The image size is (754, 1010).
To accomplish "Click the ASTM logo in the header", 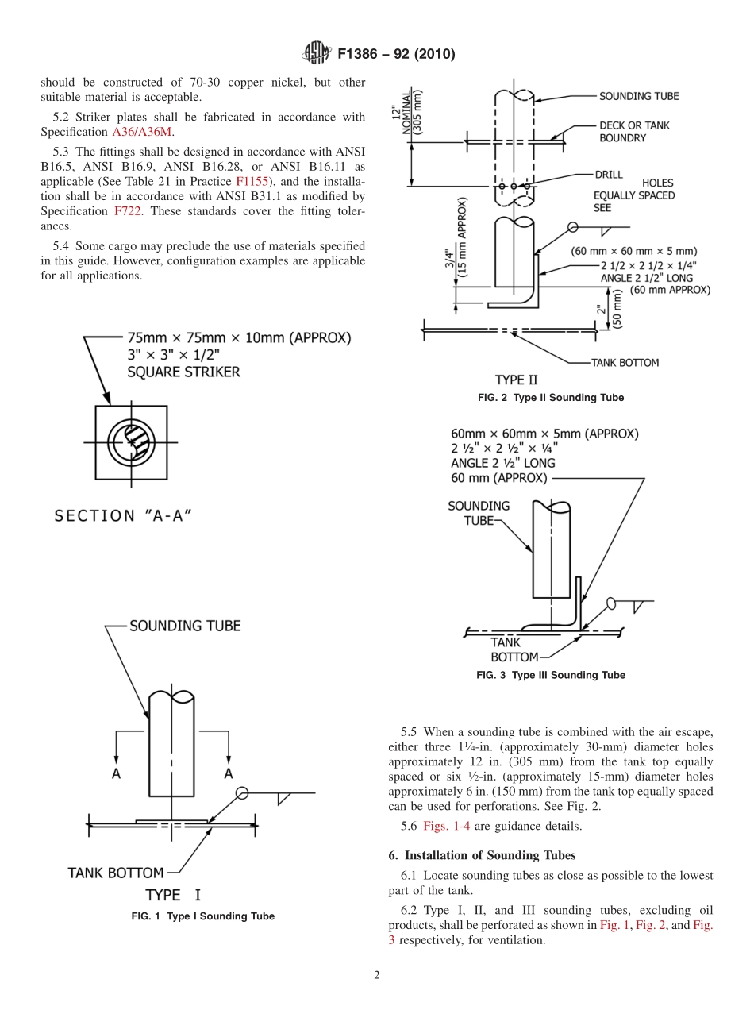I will coord(316,54).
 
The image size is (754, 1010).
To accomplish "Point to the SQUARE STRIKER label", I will coord(183,372).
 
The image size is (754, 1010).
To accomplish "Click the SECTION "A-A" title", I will coord(123,516).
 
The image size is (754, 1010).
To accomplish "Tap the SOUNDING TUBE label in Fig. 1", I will coord(185,626).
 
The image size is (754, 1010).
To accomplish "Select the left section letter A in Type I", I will coord(116,773).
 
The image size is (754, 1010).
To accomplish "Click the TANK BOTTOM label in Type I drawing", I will coord(116,873).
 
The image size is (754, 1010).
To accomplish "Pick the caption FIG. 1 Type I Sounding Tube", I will coord(202,916).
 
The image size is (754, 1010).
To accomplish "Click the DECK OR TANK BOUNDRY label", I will coord(635,131).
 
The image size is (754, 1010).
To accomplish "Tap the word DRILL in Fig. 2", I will coord(609,174).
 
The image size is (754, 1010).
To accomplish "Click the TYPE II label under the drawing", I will coord(516,380).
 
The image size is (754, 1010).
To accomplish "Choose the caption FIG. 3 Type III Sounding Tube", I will coord(550,675).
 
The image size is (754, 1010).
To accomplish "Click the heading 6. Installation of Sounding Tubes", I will coord(482,855).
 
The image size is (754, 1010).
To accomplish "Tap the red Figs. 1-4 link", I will coord(451,826).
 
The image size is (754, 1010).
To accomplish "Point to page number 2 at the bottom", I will coord(376,976).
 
